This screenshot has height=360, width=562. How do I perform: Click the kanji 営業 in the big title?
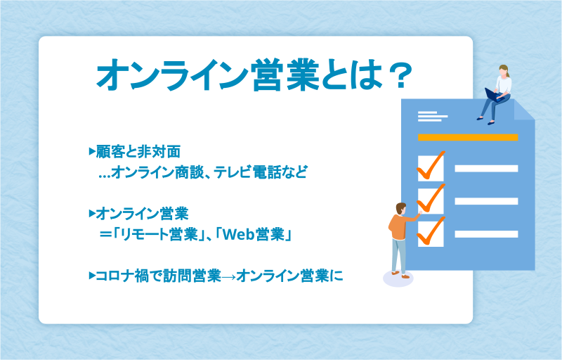(x=285, y=75)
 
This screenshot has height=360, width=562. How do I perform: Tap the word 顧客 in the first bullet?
(x=110, y=152)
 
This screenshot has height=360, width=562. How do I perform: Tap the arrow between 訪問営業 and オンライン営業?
(x=229, y=276)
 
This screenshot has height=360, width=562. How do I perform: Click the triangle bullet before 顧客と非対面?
(x=92, y=151)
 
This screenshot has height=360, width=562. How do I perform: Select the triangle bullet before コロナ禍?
(x=92, y=276)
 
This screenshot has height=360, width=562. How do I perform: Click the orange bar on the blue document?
(x=468, y=137)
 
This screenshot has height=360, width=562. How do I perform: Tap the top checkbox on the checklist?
(x=431, y=169)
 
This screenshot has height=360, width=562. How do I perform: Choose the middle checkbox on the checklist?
(x=431, y=201)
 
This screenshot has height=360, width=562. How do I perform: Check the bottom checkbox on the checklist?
(x=431, y=233)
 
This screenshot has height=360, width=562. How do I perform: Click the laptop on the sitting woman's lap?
(x=494, y=95)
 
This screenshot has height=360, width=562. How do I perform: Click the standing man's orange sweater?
(x=400, y=226)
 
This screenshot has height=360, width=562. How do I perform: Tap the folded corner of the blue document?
(x=523, y=109)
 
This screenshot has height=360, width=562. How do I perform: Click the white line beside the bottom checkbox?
(x=486, y=234)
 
